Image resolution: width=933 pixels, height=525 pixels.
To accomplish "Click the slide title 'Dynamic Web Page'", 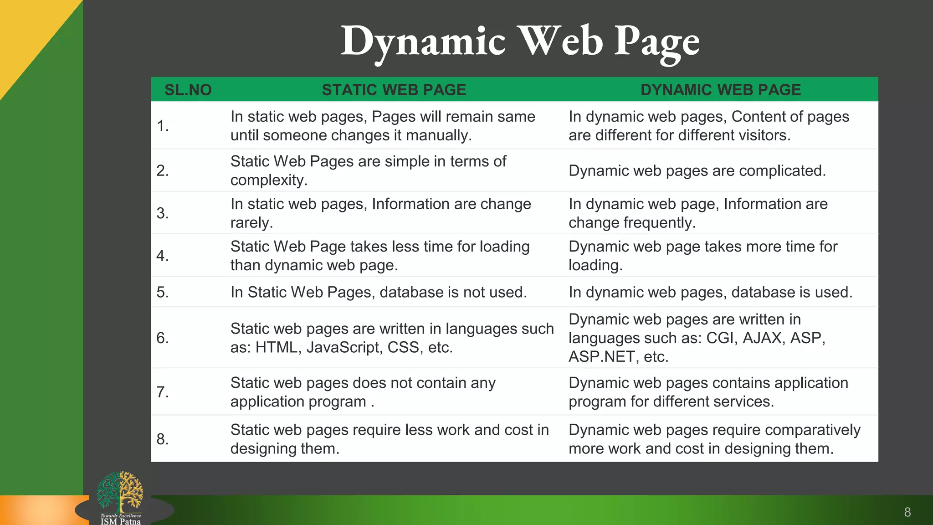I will (x=520, y=42).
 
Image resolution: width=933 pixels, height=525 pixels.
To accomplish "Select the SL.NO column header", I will (x=188, y=90).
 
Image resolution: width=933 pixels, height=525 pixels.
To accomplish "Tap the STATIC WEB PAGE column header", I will (x=394, y=90).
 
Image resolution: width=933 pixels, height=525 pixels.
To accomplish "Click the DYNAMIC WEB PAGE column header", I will (x=720, y=90).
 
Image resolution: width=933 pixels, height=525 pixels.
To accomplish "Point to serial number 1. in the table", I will (x=163, y=126).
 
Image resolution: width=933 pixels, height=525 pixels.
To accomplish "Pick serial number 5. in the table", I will (x=163, y=292).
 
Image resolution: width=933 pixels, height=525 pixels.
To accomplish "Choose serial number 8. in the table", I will (x=163, y=439).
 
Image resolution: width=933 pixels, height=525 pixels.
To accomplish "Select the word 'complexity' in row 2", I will (x=267, y=180).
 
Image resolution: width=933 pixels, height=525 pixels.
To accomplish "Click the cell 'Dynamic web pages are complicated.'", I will (x=697, y=171).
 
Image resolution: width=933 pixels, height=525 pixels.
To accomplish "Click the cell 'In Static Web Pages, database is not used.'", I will (x=379, y=292).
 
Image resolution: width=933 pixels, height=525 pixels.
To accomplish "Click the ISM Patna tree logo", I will (x=120, y=494).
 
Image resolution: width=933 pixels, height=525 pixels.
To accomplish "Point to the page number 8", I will (x=907, y=512).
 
